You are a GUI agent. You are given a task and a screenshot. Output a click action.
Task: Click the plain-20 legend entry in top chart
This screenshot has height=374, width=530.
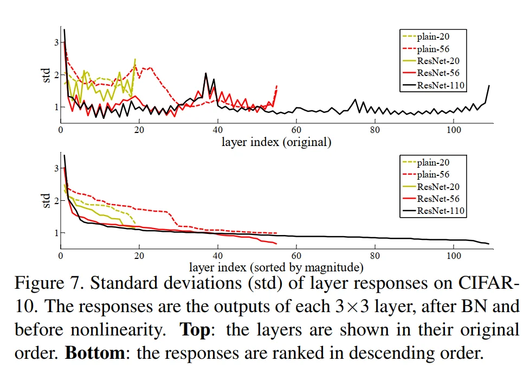point(426,36)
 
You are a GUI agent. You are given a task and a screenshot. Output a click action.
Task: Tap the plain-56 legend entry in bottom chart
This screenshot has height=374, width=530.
point(426,174)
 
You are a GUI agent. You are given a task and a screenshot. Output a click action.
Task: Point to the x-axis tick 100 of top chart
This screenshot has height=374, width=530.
point(453,130)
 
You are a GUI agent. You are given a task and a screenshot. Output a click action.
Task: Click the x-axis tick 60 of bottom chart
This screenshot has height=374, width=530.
point(296,256)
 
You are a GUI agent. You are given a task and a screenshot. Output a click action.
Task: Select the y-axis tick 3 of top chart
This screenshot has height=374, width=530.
point(56,42)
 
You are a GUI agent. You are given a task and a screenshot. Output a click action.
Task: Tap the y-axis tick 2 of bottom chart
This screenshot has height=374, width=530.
point(56,200)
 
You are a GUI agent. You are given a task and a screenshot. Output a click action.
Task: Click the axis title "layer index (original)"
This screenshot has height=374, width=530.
point(276,142)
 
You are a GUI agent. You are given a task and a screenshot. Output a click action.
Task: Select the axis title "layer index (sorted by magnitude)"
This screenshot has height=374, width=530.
point(276,268)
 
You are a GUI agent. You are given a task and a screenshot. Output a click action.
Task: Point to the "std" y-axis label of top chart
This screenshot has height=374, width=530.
point(46,75)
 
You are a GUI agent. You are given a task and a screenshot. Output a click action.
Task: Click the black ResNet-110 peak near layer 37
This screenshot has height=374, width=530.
point(205,73)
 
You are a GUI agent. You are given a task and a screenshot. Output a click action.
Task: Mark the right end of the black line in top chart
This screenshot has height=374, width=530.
point(489,86)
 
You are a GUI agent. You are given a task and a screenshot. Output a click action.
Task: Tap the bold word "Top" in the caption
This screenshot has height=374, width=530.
point(195,329)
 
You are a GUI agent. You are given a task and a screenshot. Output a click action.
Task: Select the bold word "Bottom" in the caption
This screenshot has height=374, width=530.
point(95,353)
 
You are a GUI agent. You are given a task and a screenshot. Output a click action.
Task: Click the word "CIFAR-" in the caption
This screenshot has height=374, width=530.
point(489,283)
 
